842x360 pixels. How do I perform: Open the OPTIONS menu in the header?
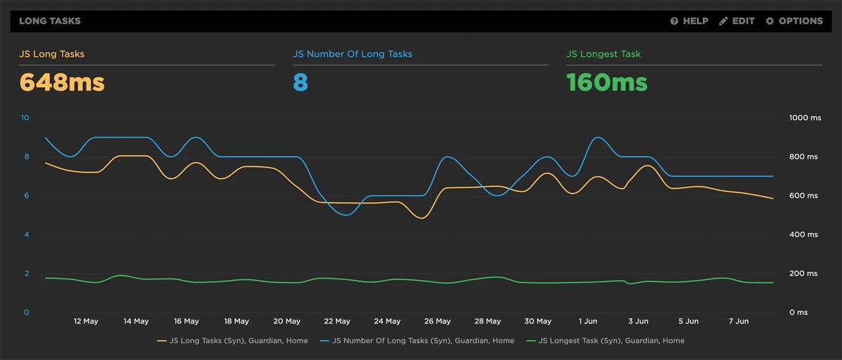[x=794, y=21]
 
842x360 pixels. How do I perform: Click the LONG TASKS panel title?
[x=50, y=21]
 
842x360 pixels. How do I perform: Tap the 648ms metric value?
[x=62, y=83]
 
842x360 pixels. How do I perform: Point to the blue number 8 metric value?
[x=300, y=83]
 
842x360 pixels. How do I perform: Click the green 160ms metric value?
[x=607, y=83]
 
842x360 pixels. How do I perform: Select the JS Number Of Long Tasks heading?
[x=352, y=54]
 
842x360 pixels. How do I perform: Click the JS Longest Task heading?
[x=603, y=54]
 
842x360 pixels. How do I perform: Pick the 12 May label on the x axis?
[x=86, y=321]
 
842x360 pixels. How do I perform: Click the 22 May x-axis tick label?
[x=337, y=321]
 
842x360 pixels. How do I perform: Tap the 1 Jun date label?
[x=589, y=321]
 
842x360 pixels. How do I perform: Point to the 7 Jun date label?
[x=738, y=321]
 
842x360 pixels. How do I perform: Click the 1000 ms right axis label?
[x=805, y=119]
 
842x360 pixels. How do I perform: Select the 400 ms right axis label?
[x=805, y=234]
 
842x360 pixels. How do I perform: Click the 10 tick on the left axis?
[x=25, y=118]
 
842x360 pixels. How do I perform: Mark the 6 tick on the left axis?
[x=26, y=196]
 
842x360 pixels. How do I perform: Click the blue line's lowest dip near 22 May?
[x=346, y=215]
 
